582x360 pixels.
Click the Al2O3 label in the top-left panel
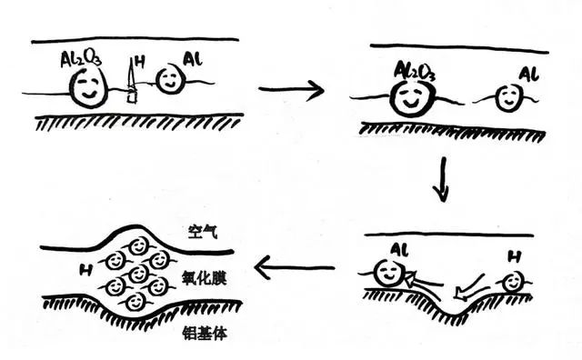click(x=81, y=59)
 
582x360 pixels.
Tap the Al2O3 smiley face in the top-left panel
click(x=88, y=87)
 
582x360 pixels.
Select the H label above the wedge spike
click(x=139, y=61)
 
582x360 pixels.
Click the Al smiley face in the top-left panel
click(x=170, y=80)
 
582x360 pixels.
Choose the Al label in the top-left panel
click(x=193, y=59)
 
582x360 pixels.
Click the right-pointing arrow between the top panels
click(x=291, y=90)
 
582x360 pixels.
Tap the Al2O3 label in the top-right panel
click(x=415, y=72)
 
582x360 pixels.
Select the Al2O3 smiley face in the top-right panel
click(x=412, y=98)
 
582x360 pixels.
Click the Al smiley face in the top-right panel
click(x=508, y=97)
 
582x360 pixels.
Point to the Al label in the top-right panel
click(x=529, y=74)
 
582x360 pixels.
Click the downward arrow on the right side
click(x=442, y=180)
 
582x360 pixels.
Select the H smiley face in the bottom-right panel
click(x=514, y=282)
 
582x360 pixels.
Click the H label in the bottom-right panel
click(x=514, y=257)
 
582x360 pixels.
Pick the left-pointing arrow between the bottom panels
click(x=295, y=267)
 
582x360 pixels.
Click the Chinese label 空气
click(x=202, y=232)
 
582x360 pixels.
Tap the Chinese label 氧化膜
click(x=204, y=277)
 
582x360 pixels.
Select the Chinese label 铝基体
click(x=205, y=333)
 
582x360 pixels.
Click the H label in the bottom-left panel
click(x=85, y=270)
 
